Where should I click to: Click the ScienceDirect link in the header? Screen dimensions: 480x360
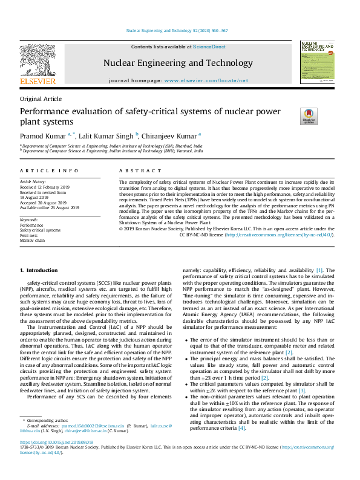[x=209, y=47]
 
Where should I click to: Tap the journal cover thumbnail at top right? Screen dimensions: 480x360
[x=317, y=62]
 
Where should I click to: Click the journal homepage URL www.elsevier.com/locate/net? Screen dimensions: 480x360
[x=206, y=80]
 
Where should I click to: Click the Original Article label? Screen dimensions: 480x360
[x=41, y=99]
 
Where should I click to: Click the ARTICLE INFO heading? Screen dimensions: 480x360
[x=49, y=172]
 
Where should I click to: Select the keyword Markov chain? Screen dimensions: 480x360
[x=32, y=241]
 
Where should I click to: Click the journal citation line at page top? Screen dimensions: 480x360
[x=177, y=30]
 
